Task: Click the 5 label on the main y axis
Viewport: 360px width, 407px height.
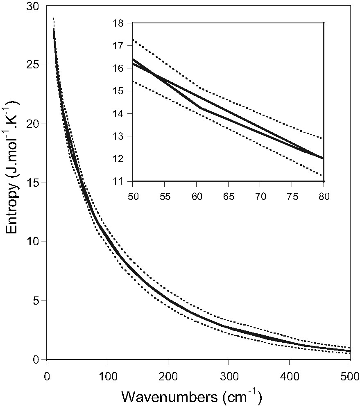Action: click(x=39, y=301)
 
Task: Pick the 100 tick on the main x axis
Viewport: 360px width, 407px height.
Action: click(x=107, y=375)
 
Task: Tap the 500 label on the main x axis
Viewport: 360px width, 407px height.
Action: click(x=349, y=375)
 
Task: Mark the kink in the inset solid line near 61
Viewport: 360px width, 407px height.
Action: click(x=201, y=108)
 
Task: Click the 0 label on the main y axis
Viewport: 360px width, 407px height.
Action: click(x=39, y=360)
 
